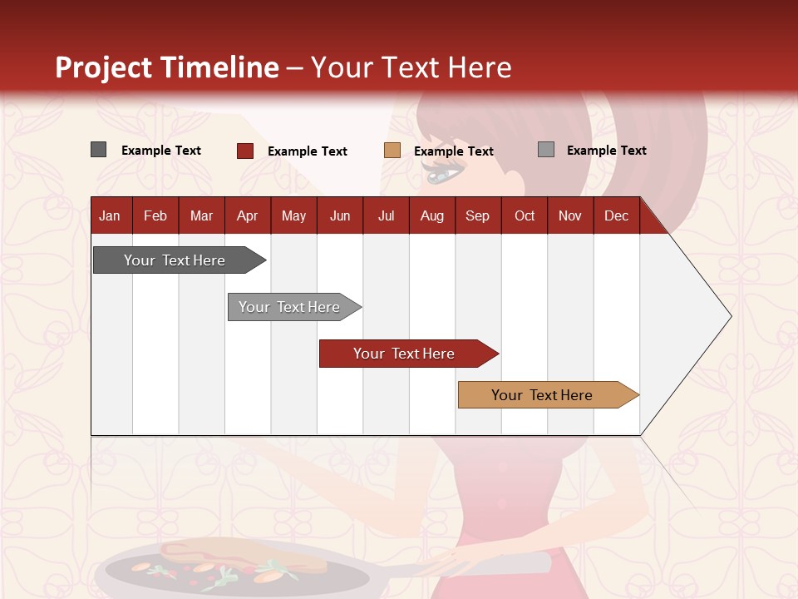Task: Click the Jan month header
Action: [x=110, y=215]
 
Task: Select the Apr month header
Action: [x=247, y=215]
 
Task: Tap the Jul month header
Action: [x=386, y=215]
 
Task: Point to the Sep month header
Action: [x=477, y=215]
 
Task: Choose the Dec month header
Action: [x=616, y=215]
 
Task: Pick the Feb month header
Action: [x=155, y=215]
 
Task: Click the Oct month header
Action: [x=525, y=215]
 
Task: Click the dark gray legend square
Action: [x=98, y=150]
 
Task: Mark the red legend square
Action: [x=245, y=151]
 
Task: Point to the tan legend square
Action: [x=392, y=151]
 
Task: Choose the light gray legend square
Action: [x=546, y=150]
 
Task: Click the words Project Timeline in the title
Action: [x=167, y=67]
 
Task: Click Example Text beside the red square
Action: [x=307, y=151]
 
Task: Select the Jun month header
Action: [x=340, y=215]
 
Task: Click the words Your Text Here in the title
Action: [x=411, y=67]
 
